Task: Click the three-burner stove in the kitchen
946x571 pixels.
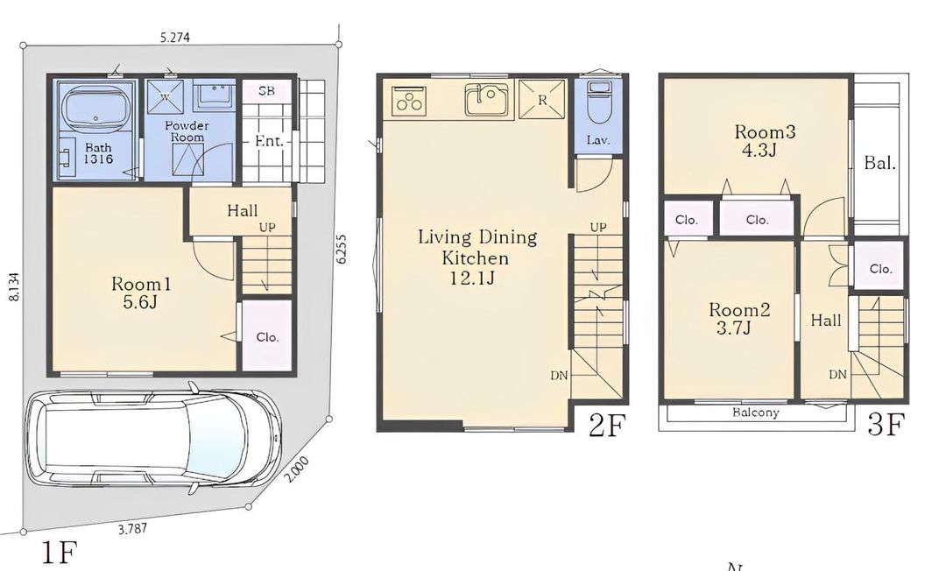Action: [x=410, y=101]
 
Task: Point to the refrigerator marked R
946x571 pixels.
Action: [x=542, y=100]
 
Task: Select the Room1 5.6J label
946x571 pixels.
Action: [x=139, y=293]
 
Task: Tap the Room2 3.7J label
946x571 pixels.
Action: [x=738, y=319]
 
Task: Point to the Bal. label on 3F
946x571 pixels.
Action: [x=879, y=163]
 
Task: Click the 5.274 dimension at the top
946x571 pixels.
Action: [x=175, y=37]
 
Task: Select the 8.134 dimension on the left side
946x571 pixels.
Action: [x=13, y=286]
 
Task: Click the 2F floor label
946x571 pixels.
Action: [x=606, y=426]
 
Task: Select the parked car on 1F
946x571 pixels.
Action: [x=152, y=439]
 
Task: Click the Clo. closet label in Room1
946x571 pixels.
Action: [x=267, y=337]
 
